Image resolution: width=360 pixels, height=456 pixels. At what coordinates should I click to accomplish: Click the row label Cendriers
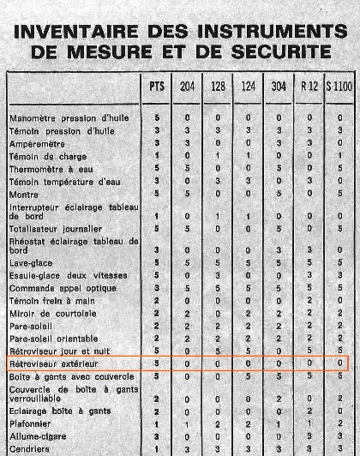[27, 447]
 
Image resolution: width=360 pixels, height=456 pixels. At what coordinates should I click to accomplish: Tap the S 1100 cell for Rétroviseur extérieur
[341, 363]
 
